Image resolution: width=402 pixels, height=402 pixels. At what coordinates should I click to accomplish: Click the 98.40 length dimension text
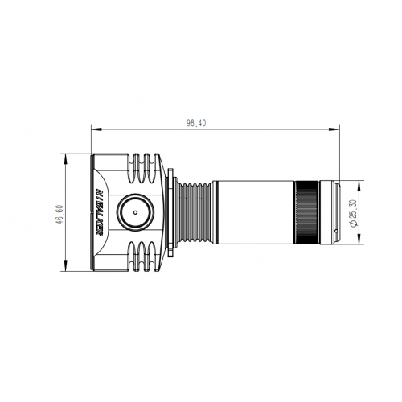pyautogui.click(x=196, y=123)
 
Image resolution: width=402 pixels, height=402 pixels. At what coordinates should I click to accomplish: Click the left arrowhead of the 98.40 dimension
pyautogui.click(x=93, y=128)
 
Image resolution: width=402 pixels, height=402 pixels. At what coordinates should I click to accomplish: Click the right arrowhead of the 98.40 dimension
pyautogui.click(x=335, y=128)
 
